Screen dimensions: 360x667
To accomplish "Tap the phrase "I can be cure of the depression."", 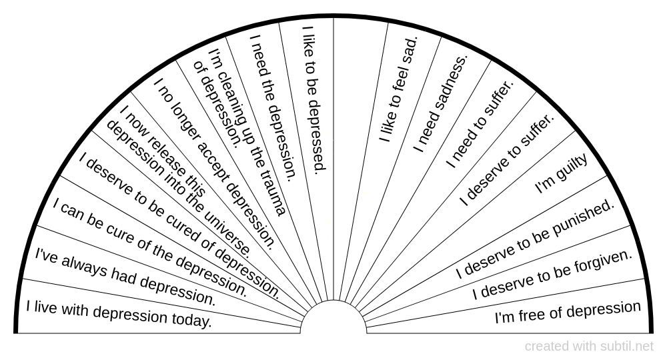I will (150, 248).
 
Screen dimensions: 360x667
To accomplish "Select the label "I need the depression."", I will (272, 107).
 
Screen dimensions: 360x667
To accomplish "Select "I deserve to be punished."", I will (534, 239).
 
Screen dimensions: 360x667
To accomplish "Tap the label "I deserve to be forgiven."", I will (552, 274).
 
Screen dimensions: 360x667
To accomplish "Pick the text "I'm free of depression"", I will (568, 311).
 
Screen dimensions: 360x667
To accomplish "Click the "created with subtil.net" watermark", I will (589, 346).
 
